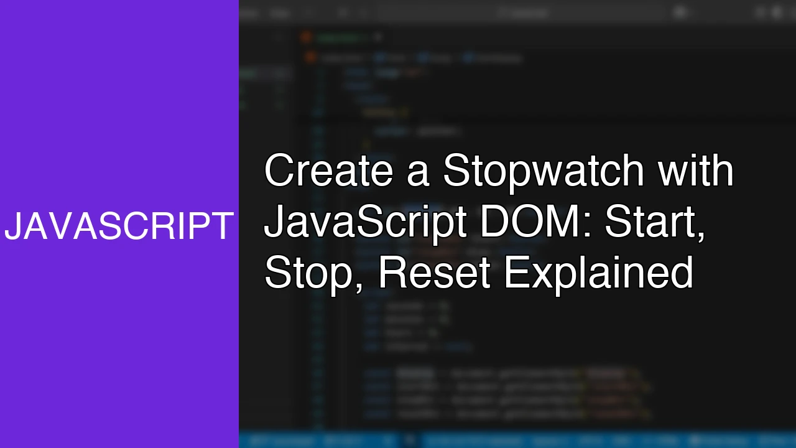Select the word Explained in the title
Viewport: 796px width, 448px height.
(598, 274)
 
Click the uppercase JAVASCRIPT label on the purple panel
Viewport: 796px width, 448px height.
(119, 226)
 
